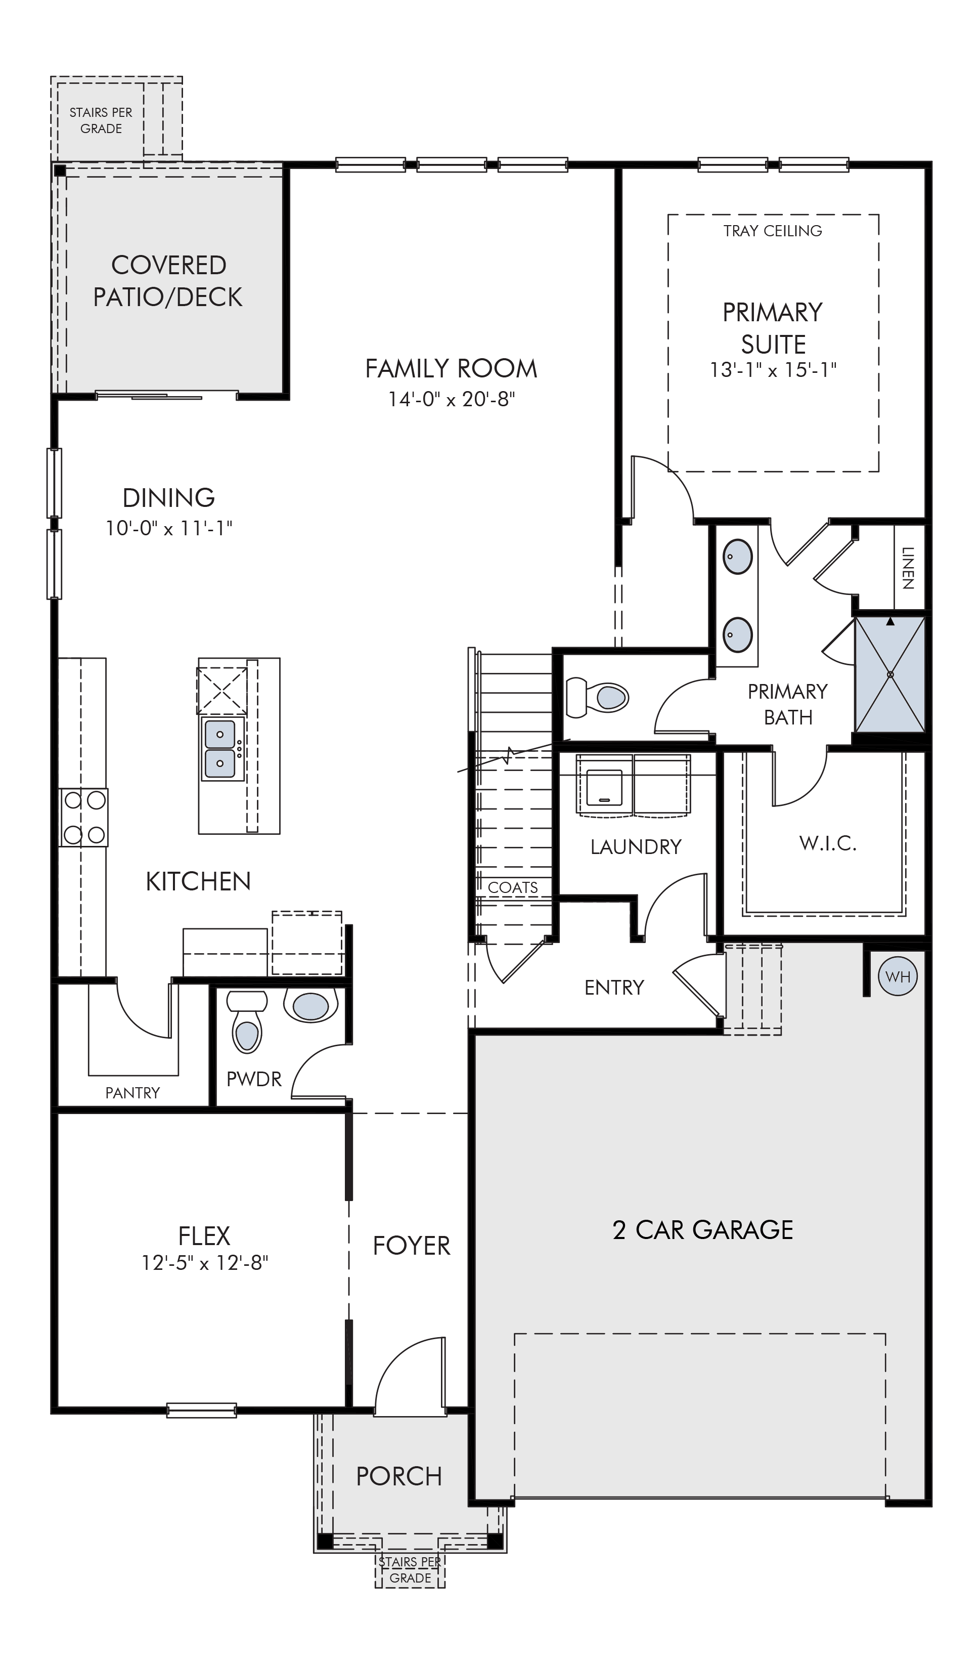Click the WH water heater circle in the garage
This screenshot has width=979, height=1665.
[897, 976]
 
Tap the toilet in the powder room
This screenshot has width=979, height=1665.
[247, 1021]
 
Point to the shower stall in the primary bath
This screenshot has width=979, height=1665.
[890, 674]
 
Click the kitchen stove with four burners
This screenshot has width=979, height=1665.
[84, 817]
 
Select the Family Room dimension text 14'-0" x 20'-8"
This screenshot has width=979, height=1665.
[451, 399]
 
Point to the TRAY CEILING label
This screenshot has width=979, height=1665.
[773, 231]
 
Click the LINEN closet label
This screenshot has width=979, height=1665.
[908, 568]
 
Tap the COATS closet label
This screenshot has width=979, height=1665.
[513, 887]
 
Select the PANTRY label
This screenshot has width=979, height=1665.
[133, 1093]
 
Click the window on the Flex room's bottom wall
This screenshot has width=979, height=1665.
[201, 1410]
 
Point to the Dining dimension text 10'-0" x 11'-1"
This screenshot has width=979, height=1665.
[169, 529]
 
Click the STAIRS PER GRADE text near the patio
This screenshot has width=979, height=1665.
[101, 120]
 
